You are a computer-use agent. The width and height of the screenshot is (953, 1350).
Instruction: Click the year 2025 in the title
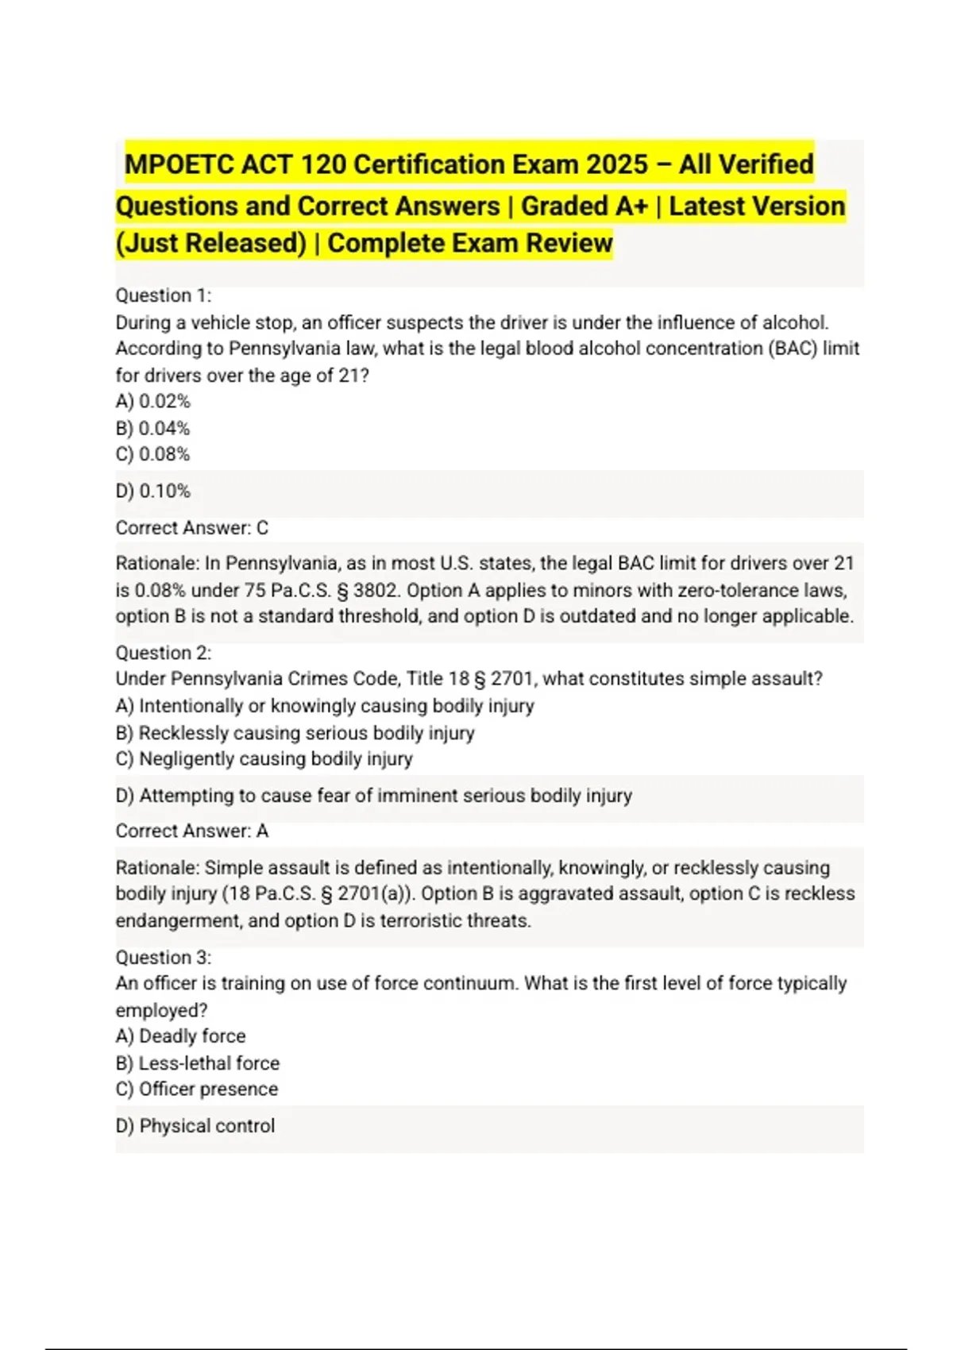pyautogui.click(x=617, y=164)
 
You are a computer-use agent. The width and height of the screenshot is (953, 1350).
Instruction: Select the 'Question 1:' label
pyautogui.click(x=164, y=295)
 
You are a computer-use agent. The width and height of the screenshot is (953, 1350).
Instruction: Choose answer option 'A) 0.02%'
pyautogui.click(x=152, y=401)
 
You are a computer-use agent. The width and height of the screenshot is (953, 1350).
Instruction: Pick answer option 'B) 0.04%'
pyautogui.click(x=152, y=428)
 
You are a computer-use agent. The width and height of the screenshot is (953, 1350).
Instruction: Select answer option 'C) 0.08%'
pyautogui.click(x=152, y=454)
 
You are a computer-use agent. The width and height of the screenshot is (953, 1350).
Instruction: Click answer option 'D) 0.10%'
pyautogui.click(x=152, y=491)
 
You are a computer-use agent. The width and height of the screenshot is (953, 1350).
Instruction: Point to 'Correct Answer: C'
pyautogui.click(x=191, y=527)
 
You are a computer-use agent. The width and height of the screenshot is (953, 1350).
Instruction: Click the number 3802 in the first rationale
pyautogui.click(x=379, y=590)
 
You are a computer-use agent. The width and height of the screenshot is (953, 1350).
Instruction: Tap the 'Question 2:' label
pyautogui.click(x=164, y=653)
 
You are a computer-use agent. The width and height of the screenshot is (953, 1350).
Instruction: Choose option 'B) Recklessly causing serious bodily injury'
pyautogui.click(x=295, y=732)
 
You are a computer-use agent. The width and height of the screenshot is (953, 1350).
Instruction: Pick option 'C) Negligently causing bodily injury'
pyautogui.click(x=264, y=758)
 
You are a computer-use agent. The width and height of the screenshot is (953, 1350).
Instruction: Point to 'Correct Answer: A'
pyautogui.click(x=191, y=831)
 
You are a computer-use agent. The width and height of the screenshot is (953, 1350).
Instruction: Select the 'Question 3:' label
pyautogui.click(x=164, y=957)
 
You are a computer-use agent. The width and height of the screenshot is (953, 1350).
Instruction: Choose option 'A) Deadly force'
pyautogui.click(x=180, y=1036)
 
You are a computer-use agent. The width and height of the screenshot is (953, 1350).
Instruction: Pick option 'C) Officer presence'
pyautogui.click(x=196, y=1089)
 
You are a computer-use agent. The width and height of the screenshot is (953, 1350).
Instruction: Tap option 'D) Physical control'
pyautogui.click(x=195, y=1125)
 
